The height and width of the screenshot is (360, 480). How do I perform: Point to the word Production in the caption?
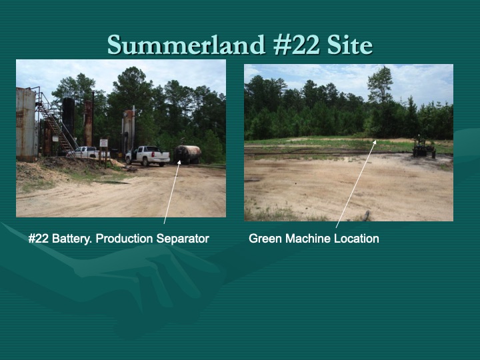(123, 239)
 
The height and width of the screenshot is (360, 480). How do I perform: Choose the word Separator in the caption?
(181, 239)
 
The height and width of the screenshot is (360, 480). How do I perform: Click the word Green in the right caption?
(265, 239)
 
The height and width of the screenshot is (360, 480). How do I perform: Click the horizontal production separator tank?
(187, 154)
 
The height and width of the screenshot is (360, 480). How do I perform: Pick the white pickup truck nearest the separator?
(148, 156)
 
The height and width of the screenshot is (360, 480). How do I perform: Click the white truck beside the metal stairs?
(85, 153)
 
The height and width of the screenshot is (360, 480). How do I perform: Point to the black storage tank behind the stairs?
(69, 117)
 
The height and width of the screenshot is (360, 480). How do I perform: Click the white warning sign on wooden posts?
(104, 143)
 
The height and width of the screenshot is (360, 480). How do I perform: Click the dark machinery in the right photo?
(423, 147)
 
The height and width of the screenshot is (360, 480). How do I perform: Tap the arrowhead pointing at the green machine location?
(375, 142)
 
